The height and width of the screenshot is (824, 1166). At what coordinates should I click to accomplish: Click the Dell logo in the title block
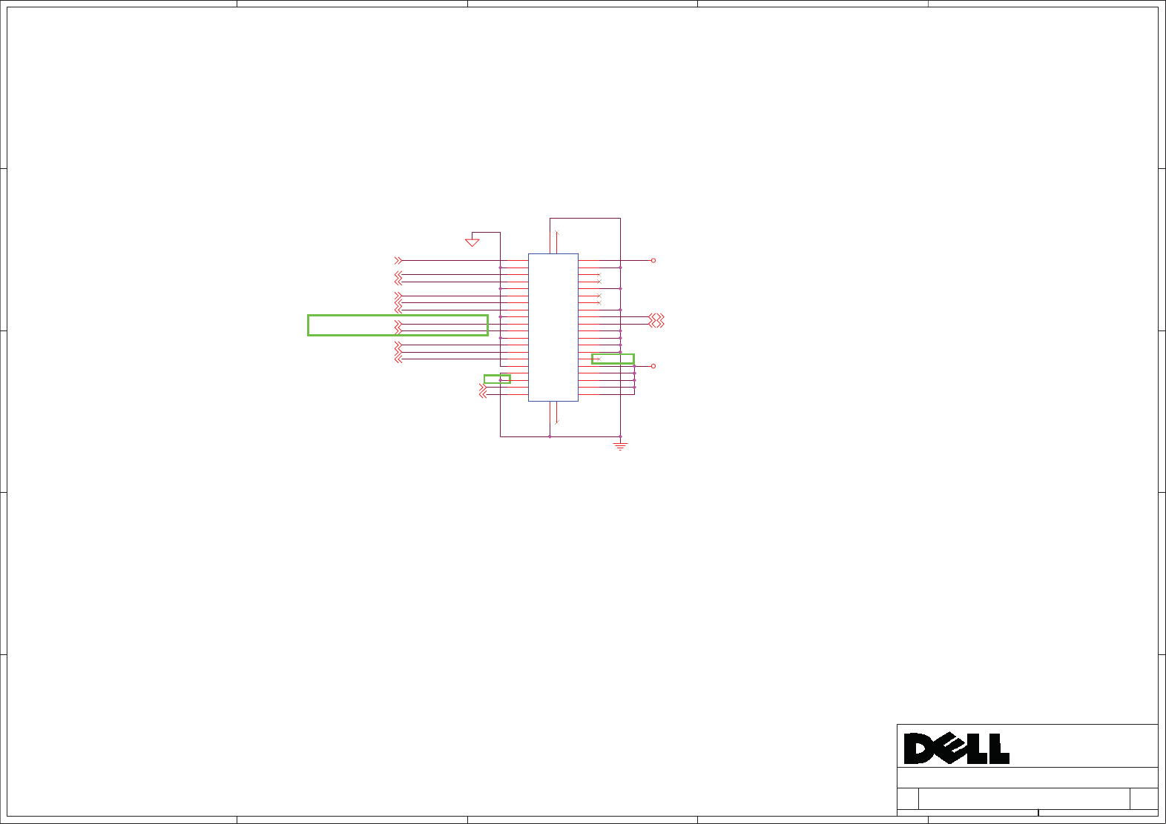pyautogui.click(x=956, y=748)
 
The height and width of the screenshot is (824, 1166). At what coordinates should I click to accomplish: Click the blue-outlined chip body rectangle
pyautogui.click(x=553, y=327)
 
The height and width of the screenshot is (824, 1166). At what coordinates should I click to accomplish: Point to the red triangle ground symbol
pyautogui.click(x=472, y=242)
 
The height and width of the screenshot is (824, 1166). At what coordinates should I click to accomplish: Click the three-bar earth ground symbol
pyautogui.click(x=620, y=446)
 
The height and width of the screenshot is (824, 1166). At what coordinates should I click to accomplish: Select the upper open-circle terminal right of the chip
pyautogui.click(x=653, y=261)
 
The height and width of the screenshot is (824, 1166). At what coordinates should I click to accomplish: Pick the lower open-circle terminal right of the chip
pyautogui.click(x=653, y=366)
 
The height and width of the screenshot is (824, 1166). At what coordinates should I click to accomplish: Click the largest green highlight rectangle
pyautogui.click(x=398, y=325)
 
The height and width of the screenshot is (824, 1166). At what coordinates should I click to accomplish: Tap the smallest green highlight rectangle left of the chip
pyautogui.click(x=497, y=379)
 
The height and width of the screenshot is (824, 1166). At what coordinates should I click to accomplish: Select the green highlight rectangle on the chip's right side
pyautogui.click(x=613, y=359)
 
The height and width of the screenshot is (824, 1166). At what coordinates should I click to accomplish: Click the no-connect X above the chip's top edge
pyautogui.click(x=556, y=233)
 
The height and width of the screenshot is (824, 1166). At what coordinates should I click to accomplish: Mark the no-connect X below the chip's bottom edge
pyautogui.click(x=556, y=422)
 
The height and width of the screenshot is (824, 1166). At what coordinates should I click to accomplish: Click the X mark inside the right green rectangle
pyautogui.click(x=598, y=359)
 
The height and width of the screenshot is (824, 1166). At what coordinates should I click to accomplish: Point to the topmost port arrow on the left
pyautogui.click(x=398, y=261)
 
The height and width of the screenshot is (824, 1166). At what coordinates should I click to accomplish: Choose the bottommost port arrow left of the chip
pyautogui.click(x=483, y=395)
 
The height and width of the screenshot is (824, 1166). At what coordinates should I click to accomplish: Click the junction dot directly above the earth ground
pyautogui.click(x=620, y=436)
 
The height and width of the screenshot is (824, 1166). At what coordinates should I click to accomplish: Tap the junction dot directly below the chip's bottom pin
pyautogui.click(x=550, y=436)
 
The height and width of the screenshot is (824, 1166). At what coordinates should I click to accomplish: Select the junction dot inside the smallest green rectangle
pyautogui.click(x=501, y=380)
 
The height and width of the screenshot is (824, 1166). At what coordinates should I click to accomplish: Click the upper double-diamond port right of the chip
pyautogui.click(x=656, y=317)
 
